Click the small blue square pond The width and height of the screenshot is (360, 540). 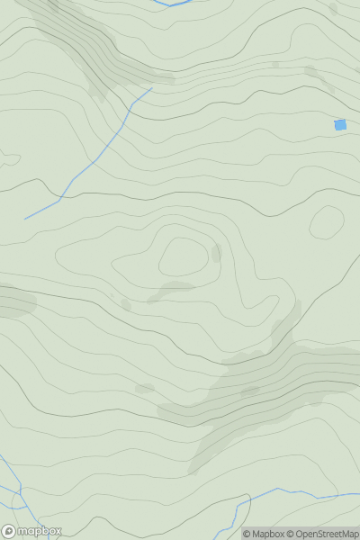(340, 125)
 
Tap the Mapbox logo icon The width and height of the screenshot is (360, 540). (9, 531)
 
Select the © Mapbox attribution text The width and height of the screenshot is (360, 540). (268, 534)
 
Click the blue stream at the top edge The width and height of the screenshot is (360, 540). (175, 4)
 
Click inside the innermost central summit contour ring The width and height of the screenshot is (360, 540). (183, 257)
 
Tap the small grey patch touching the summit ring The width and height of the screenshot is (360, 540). (216, 253)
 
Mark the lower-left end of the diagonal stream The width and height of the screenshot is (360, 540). (26, 218)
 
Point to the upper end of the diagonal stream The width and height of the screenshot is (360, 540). (150, 89)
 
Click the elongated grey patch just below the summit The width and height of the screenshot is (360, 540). (171, 290)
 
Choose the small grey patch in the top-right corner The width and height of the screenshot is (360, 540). (332, 9)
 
